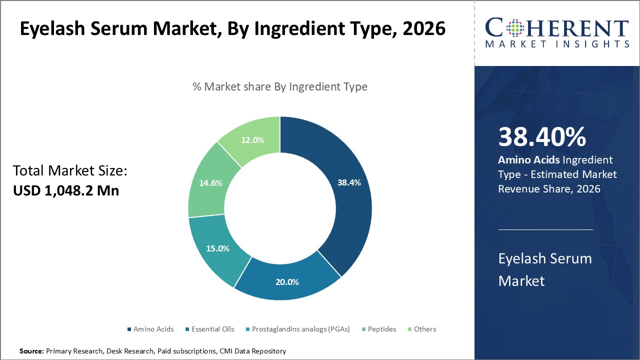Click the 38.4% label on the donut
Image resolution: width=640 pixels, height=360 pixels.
[349, 182]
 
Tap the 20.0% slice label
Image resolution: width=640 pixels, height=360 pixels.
[287, 281]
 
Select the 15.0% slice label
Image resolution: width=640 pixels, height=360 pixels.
[217, 248]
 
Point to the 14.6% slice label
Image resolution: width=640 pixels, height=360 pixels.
[210, 182]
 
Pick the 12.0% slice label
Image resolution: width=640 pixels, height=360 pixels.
[252, 140]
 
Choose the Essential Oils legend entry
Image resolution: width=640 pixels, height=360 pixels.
[209, 329]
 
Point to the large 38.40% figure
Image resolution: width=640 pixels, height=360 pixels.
[542, 137]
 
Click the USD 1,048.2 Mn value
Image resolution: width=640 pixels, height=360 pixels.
[66, 190]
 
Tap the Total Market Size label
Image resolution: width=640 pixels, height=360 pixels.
[70, 171]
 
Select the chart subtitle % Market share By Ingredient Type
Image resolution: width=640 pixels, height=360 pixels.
[280, 86]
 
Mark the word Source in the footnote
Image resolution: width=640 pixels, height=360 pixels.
[31, 351]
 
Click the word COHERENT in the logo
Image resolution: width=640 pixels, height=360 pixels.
[557, 27]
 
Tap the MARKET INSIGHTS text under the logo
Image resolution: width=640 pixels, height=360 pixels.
[557, 44]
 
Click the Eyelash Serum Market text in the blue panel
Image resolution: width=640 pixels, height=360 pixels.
[545, 269]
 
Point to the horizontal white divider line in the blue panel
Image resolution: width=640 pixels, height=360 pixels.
[545, 229]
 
